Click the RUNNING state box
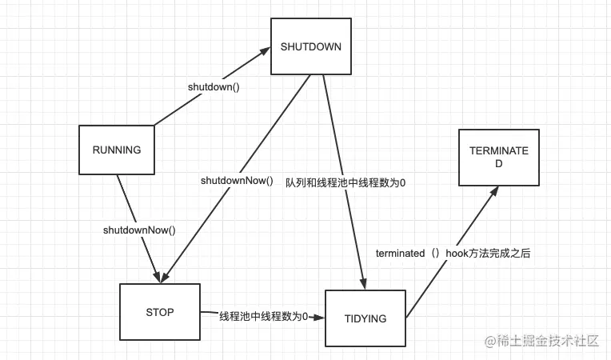coord(116,150)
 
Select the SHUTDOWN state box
coord(310,46)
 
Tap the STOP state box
coord(159,312)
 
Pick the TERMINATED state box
coord(498,157)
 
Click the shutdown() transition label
coord(214,86)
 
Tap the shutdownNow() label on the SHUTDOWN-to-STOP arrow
coord(237,181)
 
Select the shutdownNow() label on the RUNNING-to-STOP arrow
coord(139,230)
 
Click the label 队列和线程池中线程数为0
coord(345,182)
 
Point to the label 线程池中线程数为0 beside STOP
coord(263,316)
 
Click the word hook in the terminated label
coord(457,253)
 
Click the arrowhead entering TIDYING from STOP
coord(320,317)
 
